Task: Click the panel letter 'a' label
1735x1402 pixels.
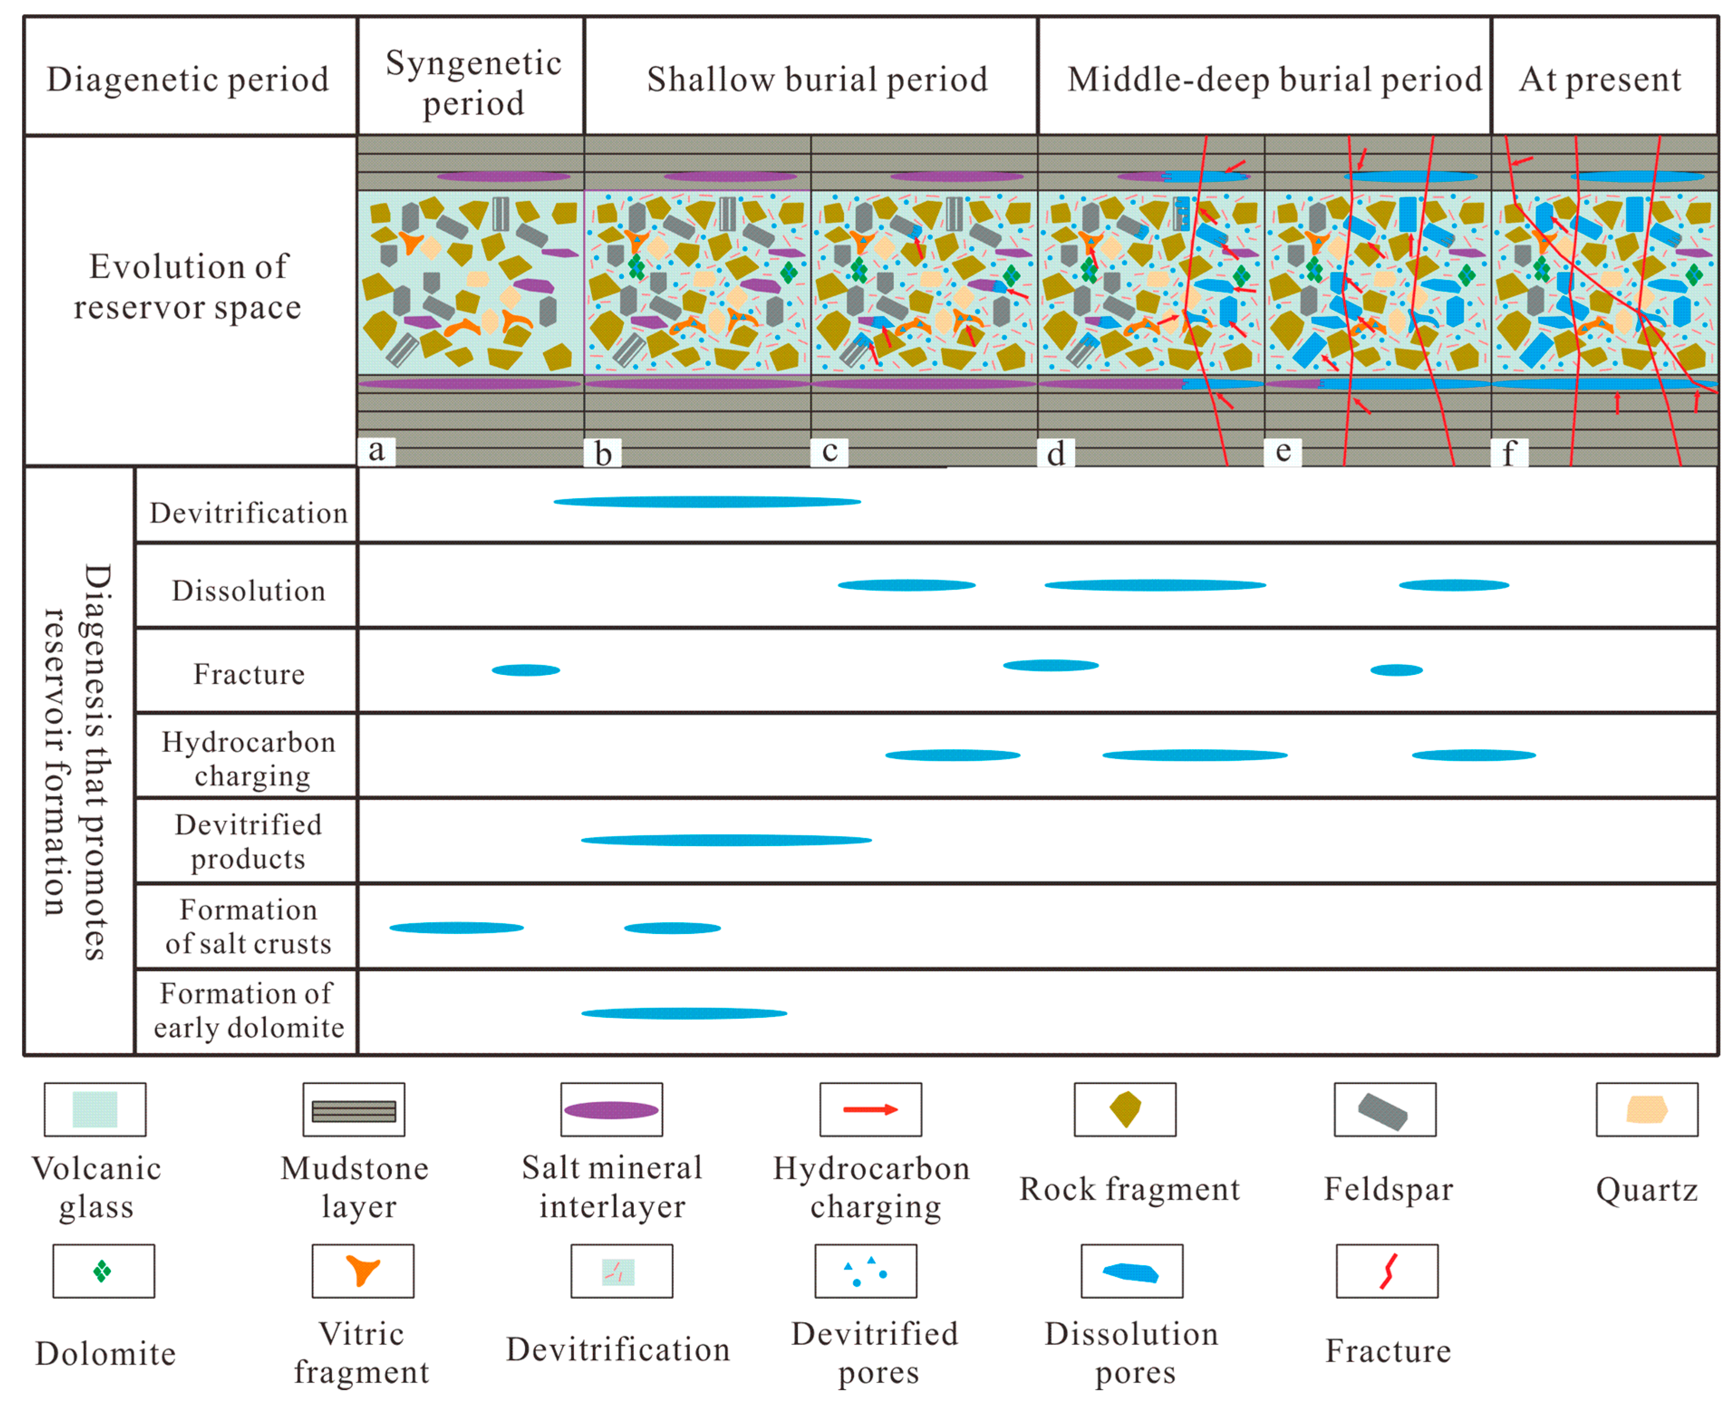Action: pos(376,451)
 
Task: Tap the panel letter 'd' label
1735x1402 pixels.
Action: pos(1055,453)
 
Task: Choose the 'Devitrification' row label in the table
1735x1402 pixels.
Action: pos(248,513)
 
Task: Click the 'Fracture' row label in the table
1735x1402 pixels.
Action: pos(248,674)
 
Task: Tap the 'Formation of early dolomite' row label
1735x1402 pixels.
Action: pos(248,1010)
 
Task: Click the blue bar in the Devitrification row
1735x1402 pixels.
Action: pos(707,501)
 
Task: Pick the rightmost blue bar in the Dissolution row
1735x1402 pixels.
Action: pos(1453,585)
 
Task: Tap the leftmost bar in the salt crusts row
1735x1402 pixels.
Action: pos(456,927)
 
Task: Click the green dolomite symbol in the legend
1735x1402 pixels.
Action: pos(102,1271)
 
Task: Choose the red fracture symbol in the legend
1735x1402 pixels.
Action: pos(1387,1270)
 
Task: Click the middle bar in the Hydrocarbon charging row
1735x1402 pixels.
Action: pos(1194,755)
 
